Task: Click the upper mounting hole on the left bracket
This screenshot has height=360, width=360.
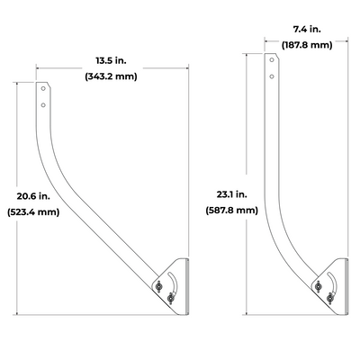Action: point(43,91)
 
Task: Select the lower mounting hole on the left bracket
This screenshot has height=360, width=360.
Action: point(43,106)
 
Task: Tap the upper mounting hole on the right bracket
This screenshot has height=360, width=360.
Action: point(273,61)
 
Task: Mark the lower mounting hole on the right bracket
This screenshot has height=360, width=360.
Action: point(273,76)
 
